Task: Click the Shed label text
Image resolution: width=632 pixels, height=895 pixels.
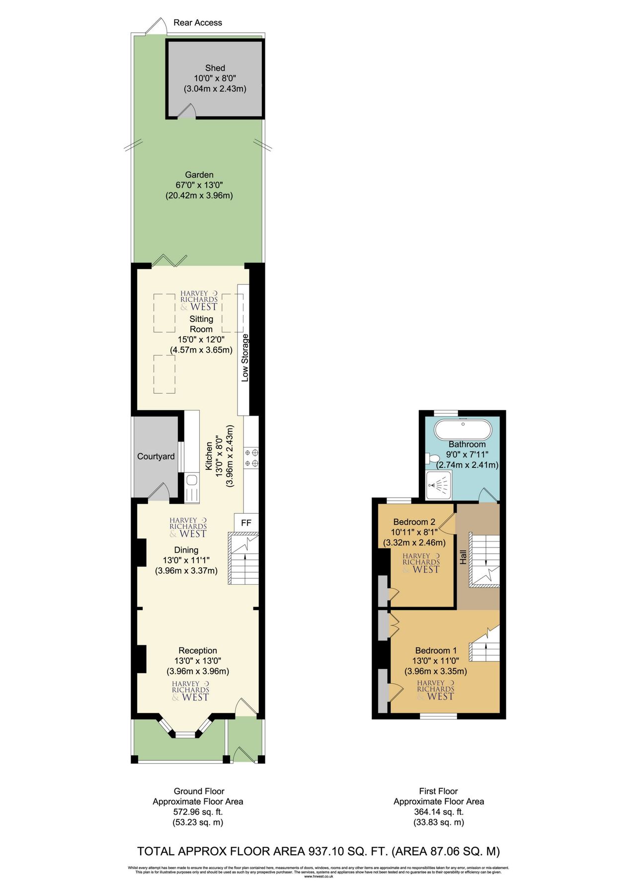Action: (215, 68)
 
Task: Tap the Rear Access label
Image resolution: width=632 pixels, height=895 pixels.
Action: (198, 23)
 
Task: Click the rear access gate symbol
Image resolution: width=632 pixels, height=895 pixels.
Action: (157, 27)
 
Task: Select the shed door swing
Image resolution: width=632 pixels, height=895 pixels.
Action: (186, 112)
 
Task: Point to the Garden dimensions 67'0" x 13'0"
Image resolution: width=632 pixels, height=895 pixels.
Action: (199, 185)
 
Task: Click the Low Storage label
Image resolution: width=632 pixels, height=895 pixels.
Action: (244, 358)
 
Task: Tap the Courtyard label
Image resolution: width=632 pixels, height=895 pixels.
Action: (156, 456)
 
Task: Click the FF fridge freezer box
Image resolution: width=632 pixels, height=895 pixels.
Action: (246, 523)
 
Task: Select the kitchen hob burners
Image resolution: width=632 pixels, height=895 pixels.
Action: (251, 458)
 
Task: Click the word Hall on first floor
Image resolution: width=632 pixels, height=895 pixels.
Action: (463, 556)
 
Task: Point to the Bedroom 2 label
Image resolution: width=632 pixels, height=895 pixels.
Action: (414, 522)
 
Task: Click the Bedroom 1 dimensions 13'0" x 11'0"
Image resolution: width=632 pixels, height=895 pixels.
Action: (435, 661)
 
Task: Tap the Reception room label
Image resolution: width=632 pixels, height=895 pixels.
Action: (198, 650)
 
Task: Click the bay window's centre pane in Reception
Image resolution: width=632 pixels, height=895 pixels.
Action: (186, 734)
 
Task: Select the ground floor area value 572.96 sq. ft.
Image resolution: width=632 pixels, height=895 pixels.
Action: (198, 812)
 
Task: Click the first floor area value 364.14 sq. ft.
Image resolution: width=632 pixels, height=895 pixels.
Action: (438, 812)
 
